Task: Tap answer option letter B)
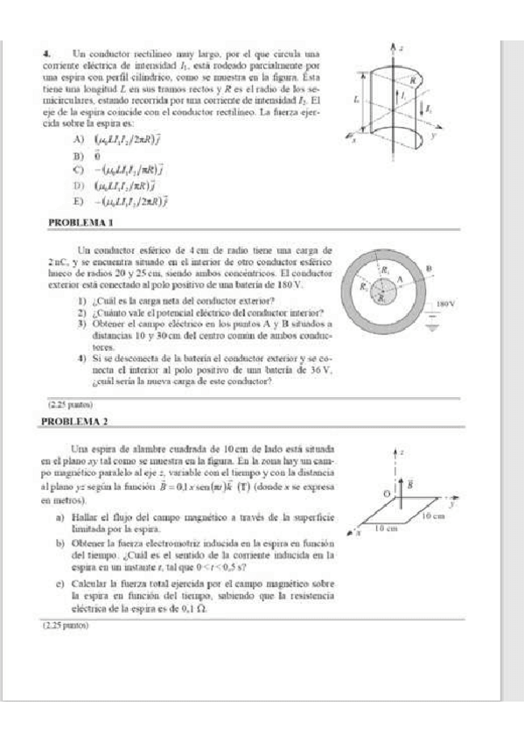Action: pyautogui.click(x=79, y=155)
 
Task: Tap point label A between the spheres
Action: pyautogui.click(x=401, y=280)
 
